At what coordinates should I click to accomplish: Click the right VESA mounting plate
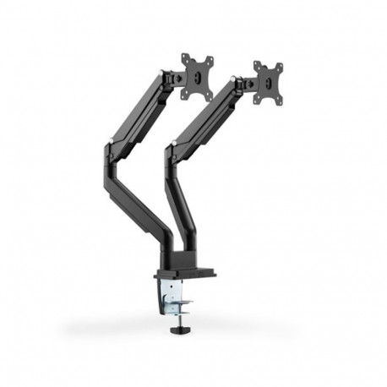(x=268, y=83)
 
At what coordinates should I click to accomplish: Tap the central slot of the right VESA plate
(x=269, y=83)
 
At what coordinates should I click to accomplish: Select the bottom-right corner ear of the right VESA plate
(x=281, y=101)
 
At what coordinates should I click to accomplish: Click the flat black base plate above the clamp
(x=184, y=274)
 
